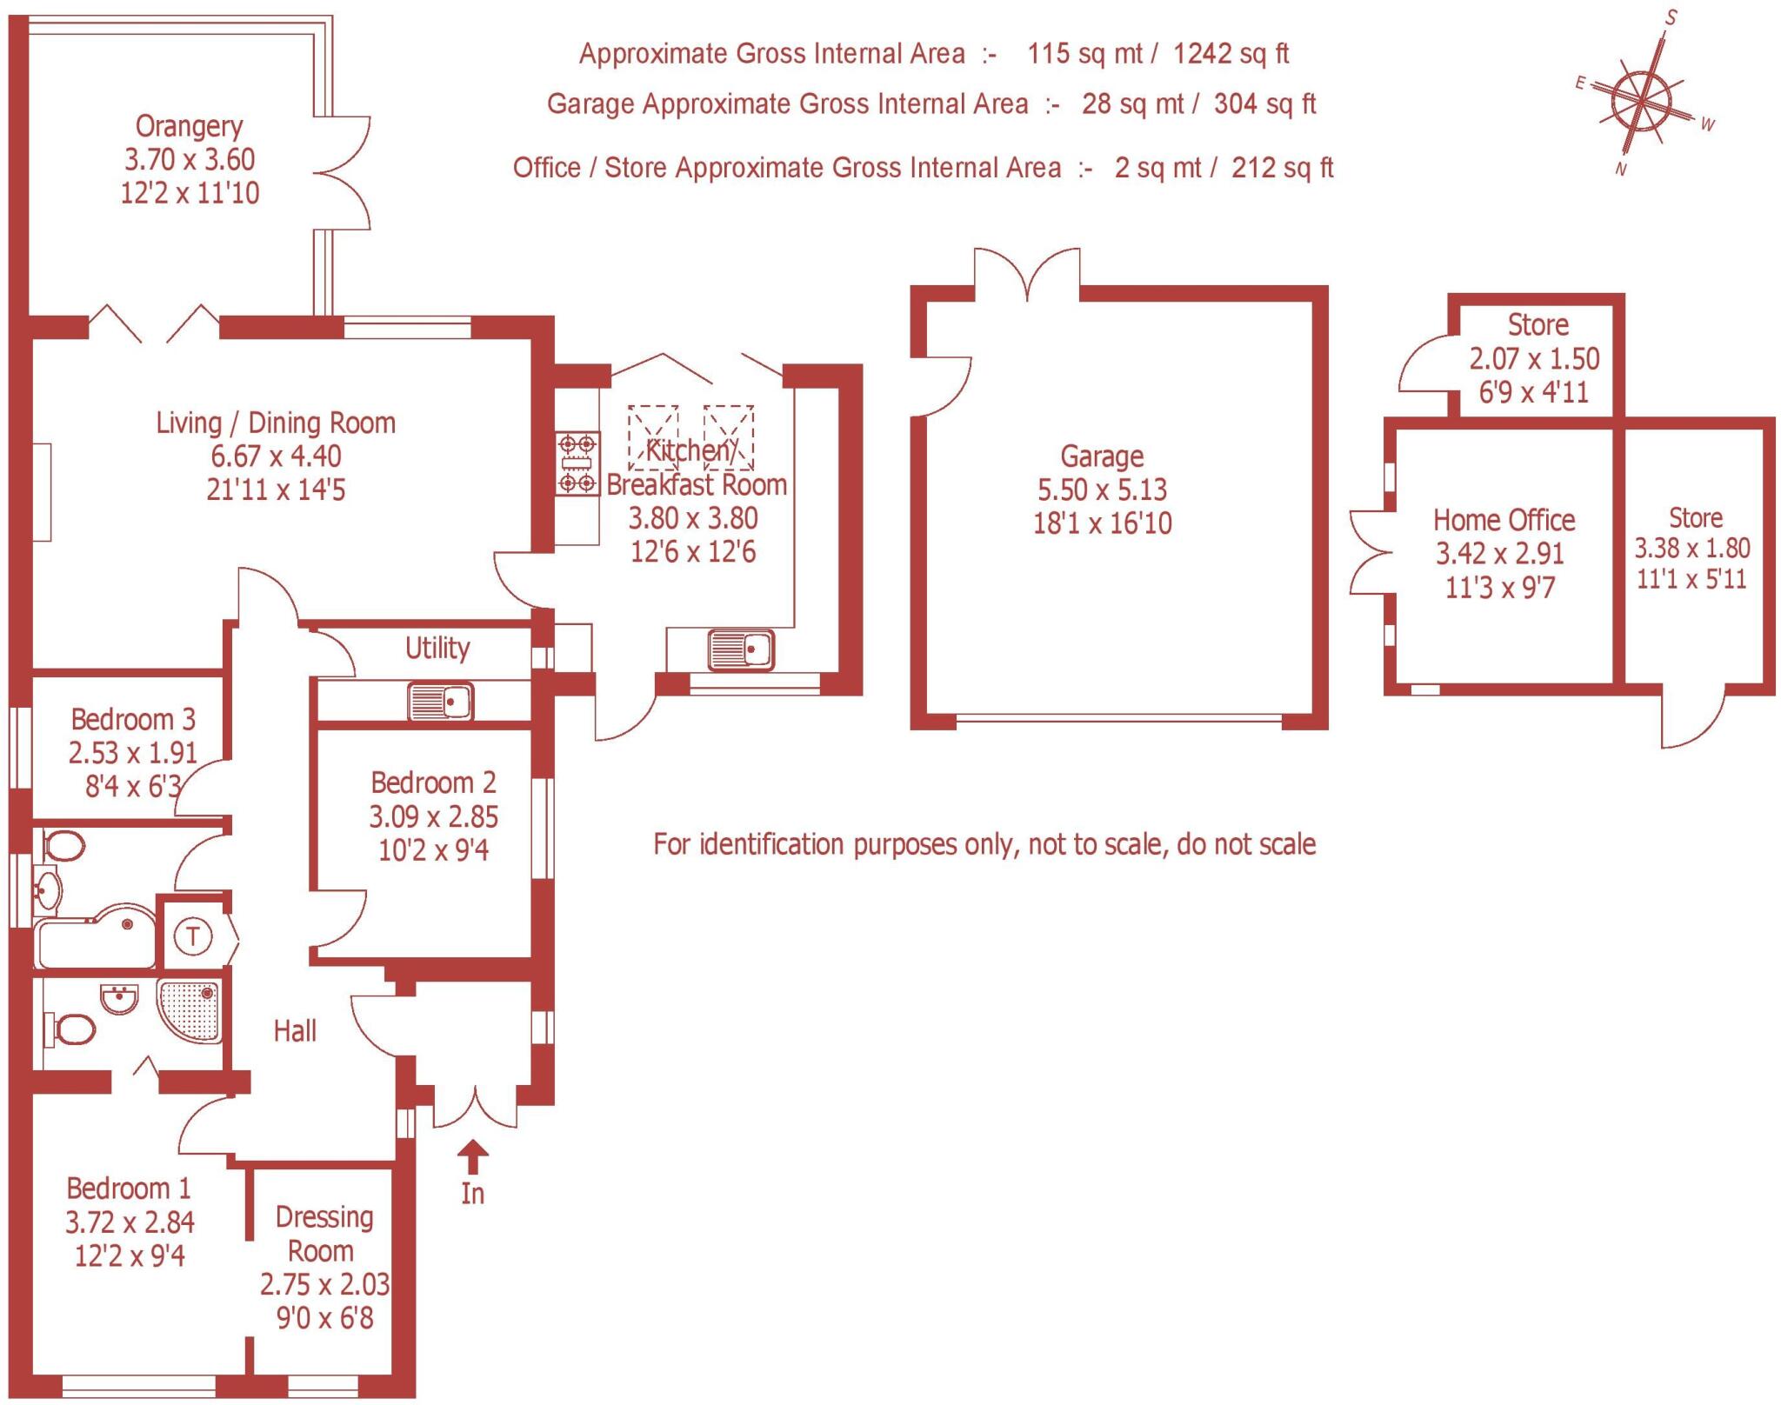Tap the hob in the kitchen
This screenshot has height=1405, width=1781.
coord(577,464)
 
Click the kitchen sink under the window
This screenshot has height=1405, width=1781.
coord(741,649)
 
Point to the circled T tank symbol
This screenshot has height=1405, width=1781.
coord(193,936)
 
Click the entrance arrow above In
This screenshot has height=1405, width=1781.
coord(473,1157)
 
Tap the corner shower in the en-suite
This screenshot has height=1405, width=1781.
coord(190,1009)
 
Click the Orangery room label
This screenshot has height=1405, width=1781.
coord(189,127)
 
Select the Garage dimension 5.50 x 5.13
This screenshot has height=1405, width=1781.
coord(1102,489)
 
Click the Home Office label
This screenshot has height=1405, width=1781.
coord(1504,520)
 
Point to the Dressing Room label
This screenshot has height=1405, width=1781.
coord(324,1234)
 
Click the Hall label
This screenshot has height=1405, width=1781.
coord(295,1031)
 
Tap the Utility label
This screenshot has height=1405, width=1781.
coord(437,648)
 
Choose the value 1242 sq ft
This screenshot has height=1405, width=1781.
coord(1231,54)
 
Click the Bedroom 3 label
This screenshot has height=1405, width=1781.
coord(133,719)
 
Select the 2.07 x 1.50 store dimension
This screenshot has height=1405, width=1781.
coord(1534,358)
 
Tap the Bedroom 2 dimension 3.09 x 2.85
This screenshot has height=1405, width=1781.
coord(433,816)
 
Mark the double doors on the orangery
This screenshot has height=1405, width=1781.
coord(344,172)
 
